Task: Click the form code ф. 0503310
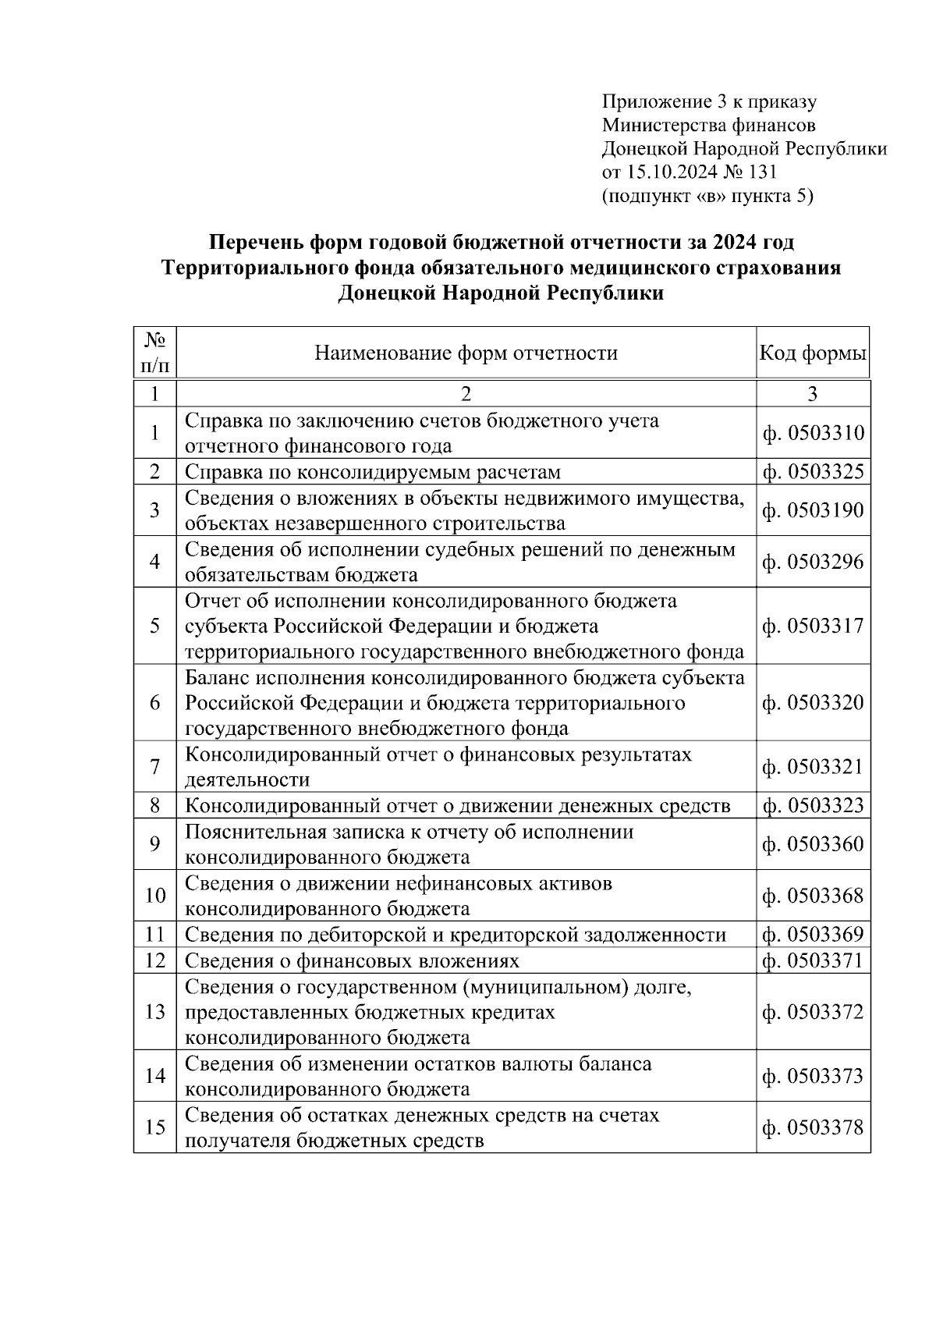[813, 433]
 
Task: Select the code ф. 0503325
[813, 472]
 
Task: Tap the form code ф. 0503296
[813, 562]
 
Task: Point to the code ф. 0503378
[813, 1127]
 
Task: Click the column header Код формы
[813, 353]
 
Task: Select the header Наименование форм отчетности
[466, 353]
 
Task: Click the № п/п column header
[154, 353]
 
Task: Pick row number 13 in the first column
[154, 1012]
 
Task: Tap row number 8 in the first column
[154, 805]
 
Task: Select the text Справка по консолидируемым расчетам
[372, 472]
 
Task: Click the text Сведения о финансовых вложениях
[352, 960]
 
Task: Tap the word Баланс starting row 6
[217, 677]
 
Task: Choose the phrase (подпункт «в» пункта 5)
[707, 196]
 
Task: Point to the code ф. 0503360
[813, 844]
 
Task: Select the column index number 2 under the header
[466, 394]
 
